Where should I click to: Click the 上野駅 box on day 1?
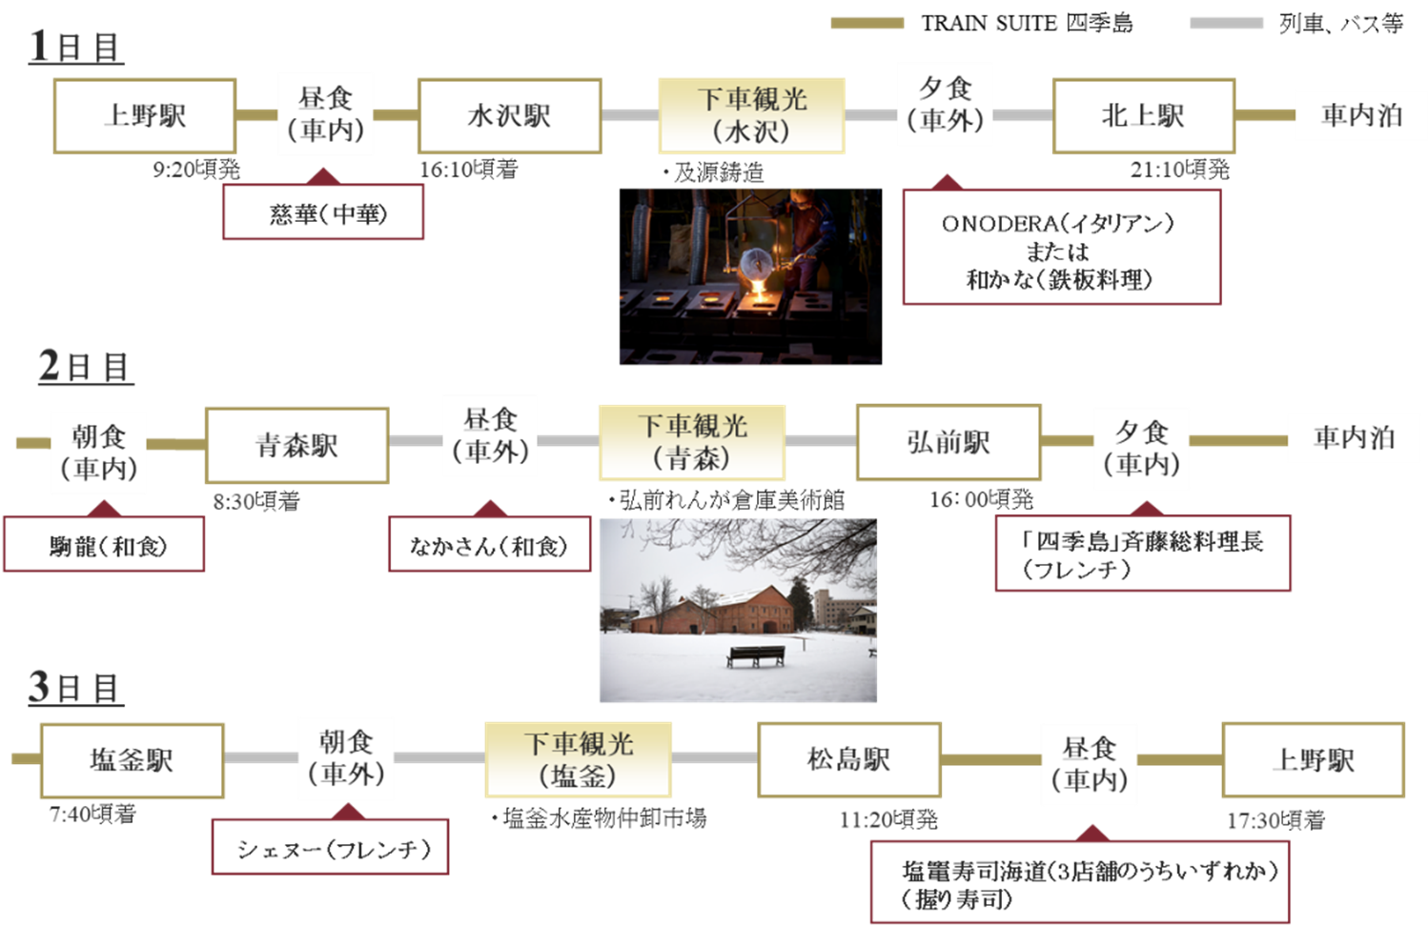coord(145,116)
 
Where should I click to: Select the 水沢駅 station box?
coord(510,116)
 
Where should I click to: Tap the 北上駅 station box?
coord(1143,116)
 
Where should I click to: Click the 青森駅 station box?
coord(296,445)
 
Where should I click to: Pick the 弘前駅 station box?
coord(949,442)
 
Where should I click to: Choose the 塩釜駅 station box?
coord(132,759)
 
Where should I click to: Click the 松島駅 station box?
coord(848,759)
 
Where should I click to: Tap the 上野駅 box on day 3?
coord(1313,759)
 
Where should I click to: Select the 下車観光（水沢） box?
coord(751,115)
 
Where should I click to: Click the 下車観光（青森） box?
coord(692,442)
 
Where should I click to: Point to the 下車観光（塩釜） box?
coord(579,759)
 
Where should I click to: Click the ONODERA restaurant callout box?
coord(1061,249)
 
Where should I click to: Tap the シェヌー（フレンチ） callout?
coord(330,848)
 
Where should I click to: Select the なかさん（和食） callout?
coord(489,546)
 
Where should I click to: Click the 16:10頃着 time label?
coord(468,170)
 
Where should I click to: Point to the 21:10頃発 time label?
coord(1179,170)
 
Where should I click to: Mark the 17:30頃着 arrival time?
coord(1275,819)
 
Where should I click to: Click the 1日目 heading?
coord(76,46)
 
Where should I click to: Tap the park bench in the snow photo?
coord(755,655)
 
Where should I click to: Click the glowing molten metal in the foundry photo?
coord(759,284)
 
